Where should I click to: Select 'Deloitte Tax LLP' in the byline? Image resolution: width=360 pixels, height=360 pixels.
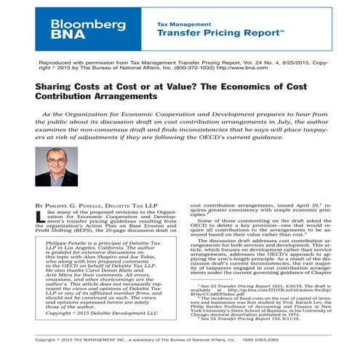coord(139,206)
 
